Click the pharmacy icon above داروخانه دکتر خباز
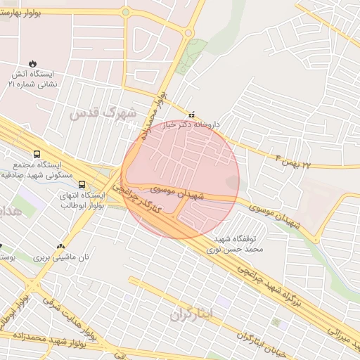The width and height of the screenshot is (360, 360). point(191,114)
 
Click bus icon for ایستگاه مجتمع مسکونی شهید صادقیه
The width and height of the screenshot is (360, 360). point(37,155)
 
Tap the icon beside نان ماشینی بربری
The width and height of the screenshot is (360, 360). point(61,247)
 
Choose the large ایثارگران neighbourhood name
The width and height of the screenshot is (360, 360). point(190,314)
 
